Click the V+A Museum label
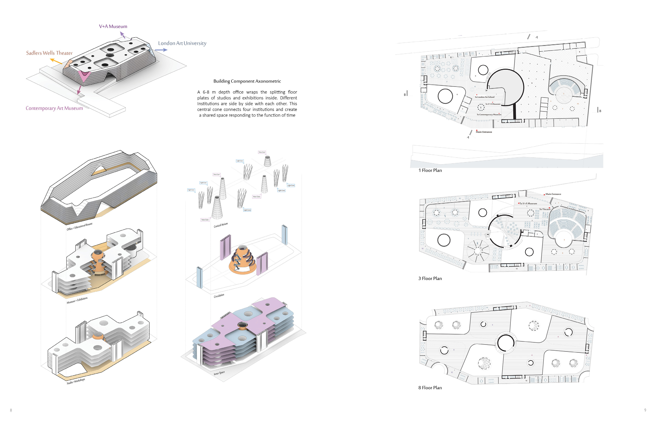pyautogui.click(x=113, y=26)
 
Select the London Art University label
pyautogui.click(x=182, y=43)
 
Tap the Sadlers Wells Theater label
pyautogui.click(x=49, y=53)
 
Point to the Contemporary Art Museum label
pyautogui.click(x=54, y=108)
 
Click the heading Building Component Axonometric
pyautogui.click(x=247, y=81)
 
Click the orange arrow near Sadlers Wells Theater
pyautogui.click(x=56, y=61)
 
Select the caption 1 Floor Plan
pyautogui.click(x=430, y=170)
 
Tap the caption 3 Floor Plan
pyautogui.click(x=430, y=279)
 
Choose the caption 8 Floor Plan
pyautogui.click(x=430, y=388)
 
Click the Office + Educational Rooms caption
pyautogui.click(x=79, y=227)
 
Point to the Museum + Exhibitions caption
pyautogui.click(x=77, y=300)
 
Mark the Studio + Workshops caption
pyautogui.click(x=76, y=381)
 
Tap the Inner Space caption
pyautogui.click(x=219, y=373)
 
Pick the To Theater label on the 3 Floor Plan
pyautogui.click(x=545, y=209)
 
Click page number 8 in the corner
pyautogui.click(x=11, y=410)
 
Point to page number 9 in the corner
pyautogui.click(x=645, y=410)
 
